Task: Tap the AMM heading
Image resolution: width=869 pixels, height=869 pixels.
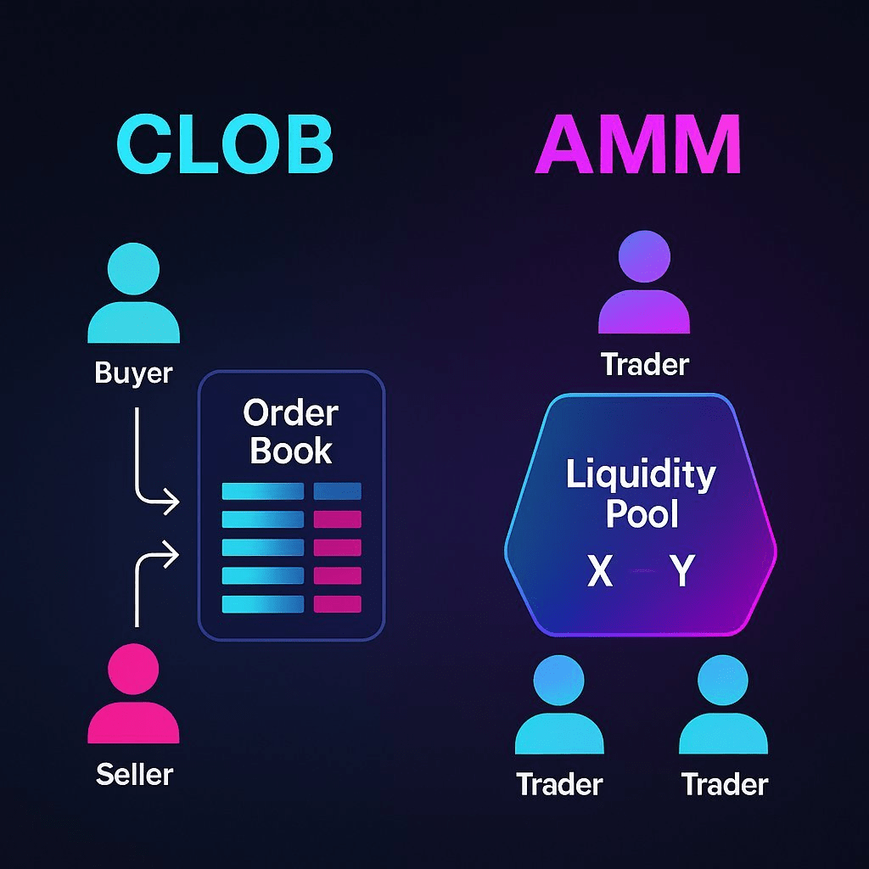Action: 638,146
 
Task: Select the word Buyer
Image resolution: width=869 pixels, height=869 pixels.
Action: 133,373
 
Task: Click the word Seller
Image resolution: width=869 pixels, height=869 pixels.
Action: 134,774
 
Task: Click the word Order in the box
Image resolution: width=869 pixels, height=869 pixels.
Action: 290,414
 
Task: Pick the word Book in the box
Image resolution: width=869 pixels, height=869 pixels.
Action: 290,451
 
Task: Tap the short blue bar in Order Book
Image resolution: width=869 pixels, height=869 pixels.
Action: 337,491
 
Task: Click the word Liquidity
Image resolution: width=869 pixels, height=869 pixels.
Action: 641,475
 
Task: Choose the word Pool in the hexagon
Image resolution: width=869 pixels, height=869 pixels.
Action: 642,514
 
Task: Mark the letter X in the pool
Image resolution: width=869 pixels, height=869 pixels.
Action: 600,573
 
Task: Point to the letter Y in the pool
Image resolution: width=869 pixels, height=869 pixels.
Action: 681,573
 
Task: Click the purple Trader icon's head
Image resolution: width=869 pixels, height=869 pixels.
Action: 644,255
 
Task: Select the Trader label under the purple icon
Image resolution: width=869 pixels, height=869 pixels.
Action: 645,365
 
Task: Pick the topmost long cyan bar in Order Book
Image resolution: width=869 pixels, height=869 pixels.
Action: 262,491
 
